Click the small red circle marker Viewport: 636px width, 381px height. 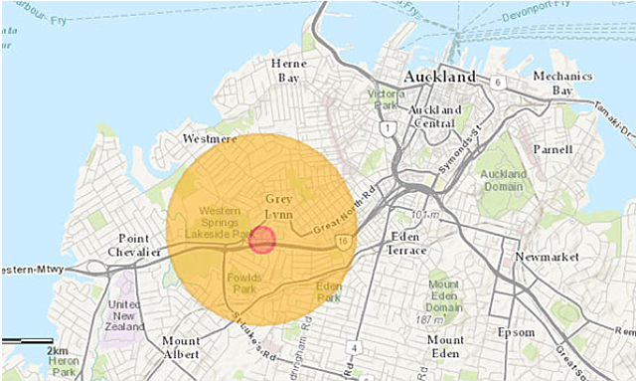(262, 240)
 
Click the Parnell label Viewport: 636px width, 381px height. (552, 150)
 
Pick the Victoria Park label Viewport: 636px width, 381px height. (383, 99)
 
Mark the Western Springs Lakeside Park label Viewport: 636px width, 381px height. (223, 223)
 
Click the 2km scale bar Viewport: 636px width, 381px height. (27, 341)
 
